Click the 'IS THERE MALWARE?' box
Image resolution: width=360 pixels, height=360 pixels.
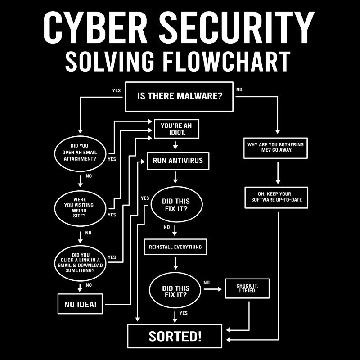179,96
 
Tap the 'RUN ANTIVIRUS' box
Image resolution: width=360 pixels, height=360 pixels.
178,161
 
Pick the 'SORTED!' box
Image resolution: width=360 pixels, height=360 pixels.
175,336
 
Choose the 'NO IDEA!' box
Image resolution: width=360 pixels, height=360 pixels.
80,304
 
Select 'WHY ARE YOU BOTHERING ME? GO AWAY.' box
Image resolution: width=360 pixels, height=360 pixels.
275,148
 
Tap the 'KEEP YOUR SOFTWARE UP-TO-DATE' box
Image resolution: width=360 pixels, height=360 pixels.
276,197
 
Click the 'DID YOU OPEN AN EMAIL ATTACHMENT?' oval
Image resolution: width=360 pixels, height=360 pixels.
80,152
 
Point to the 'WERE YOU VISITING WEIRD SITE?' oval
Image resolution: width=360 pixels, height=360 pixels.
80,207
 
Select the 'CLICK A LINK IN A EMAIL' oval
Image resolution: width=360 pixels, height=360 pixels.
80,262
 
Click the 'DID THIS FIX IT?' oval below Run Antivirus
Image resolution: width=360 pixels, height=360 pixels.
175,205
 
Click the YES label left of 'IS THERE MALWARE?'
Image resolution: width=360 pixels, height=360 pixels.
116,90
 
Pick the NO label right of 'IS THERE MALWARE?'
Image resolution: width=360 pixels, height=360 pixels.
239,90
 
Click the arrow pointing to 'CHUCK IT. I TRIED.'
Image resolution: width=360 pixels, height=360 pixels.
213,288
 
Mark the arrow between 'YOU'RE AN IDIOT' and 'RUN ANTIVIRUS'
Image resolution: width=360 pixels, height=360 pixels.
175,146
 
